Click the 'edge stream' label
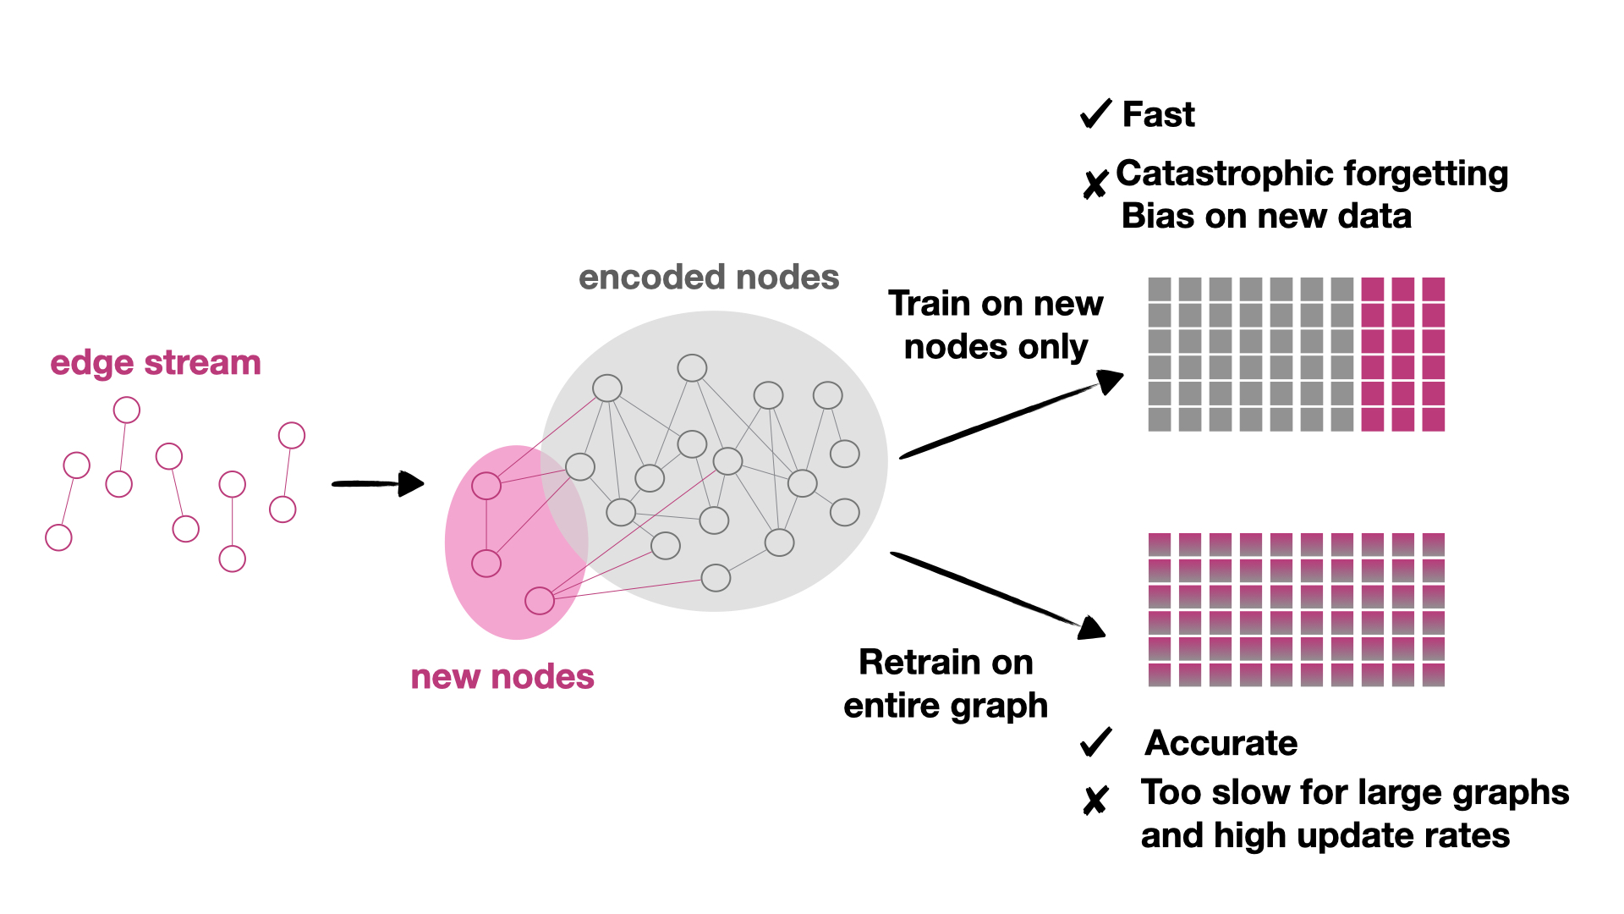156,363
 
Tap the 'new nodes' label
502,677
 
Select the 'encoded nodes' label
709,278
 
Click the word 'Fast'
1158,114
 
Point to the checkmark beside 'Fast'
1095,113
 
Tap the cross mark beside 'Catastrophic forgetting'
1095,183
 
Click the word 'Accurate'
1221,743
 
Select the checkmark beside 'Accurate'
1095,742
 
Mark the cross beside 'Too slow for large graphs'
1095,799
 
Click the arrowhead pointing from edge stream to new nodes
412,484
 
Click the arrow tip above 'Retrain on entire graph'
1092,628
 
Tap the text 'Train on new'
996,304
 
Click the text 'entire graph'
946,706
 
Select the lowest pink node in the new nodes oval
540,600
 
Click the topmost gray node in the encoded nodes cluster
692,368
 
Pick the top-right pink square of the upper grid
1433,289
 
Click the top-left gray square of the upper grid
1160,289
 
